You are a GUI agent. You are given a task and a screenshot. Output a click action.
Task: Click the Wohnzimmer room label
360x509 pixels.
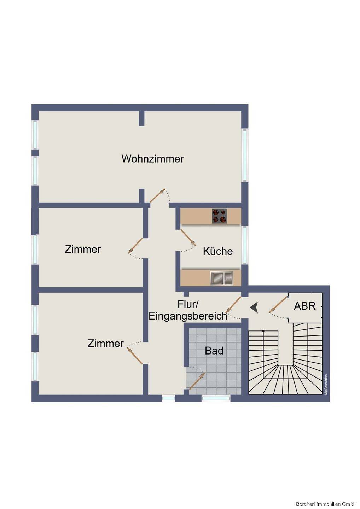(152, 159)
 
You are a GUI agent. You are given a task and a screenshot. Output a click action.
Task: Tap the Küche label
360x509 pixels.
(218, 251)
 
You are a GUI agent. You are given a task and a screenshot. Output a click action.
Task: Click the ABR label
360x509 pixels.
(305, 306)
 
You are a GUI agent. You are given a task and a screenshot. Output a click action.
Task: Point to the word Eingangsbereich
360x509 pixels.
(188, 316)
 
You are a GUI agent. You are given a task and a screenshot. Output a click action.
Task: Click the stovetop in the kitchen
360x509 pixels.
(220, 216)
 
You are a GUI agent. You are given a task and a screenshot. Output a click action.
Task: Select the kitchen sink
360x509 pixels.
(222, 278)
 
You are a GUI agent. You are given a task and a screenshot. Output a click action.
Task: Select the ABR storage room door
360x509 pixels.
(278, 305)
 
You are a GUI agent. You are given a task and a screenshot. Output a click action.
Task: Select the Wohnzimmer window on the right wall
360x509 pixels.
(245, 155)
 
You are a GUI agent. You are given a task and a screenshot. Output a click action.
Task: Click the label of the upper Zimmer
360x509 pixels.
(83, 250)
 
